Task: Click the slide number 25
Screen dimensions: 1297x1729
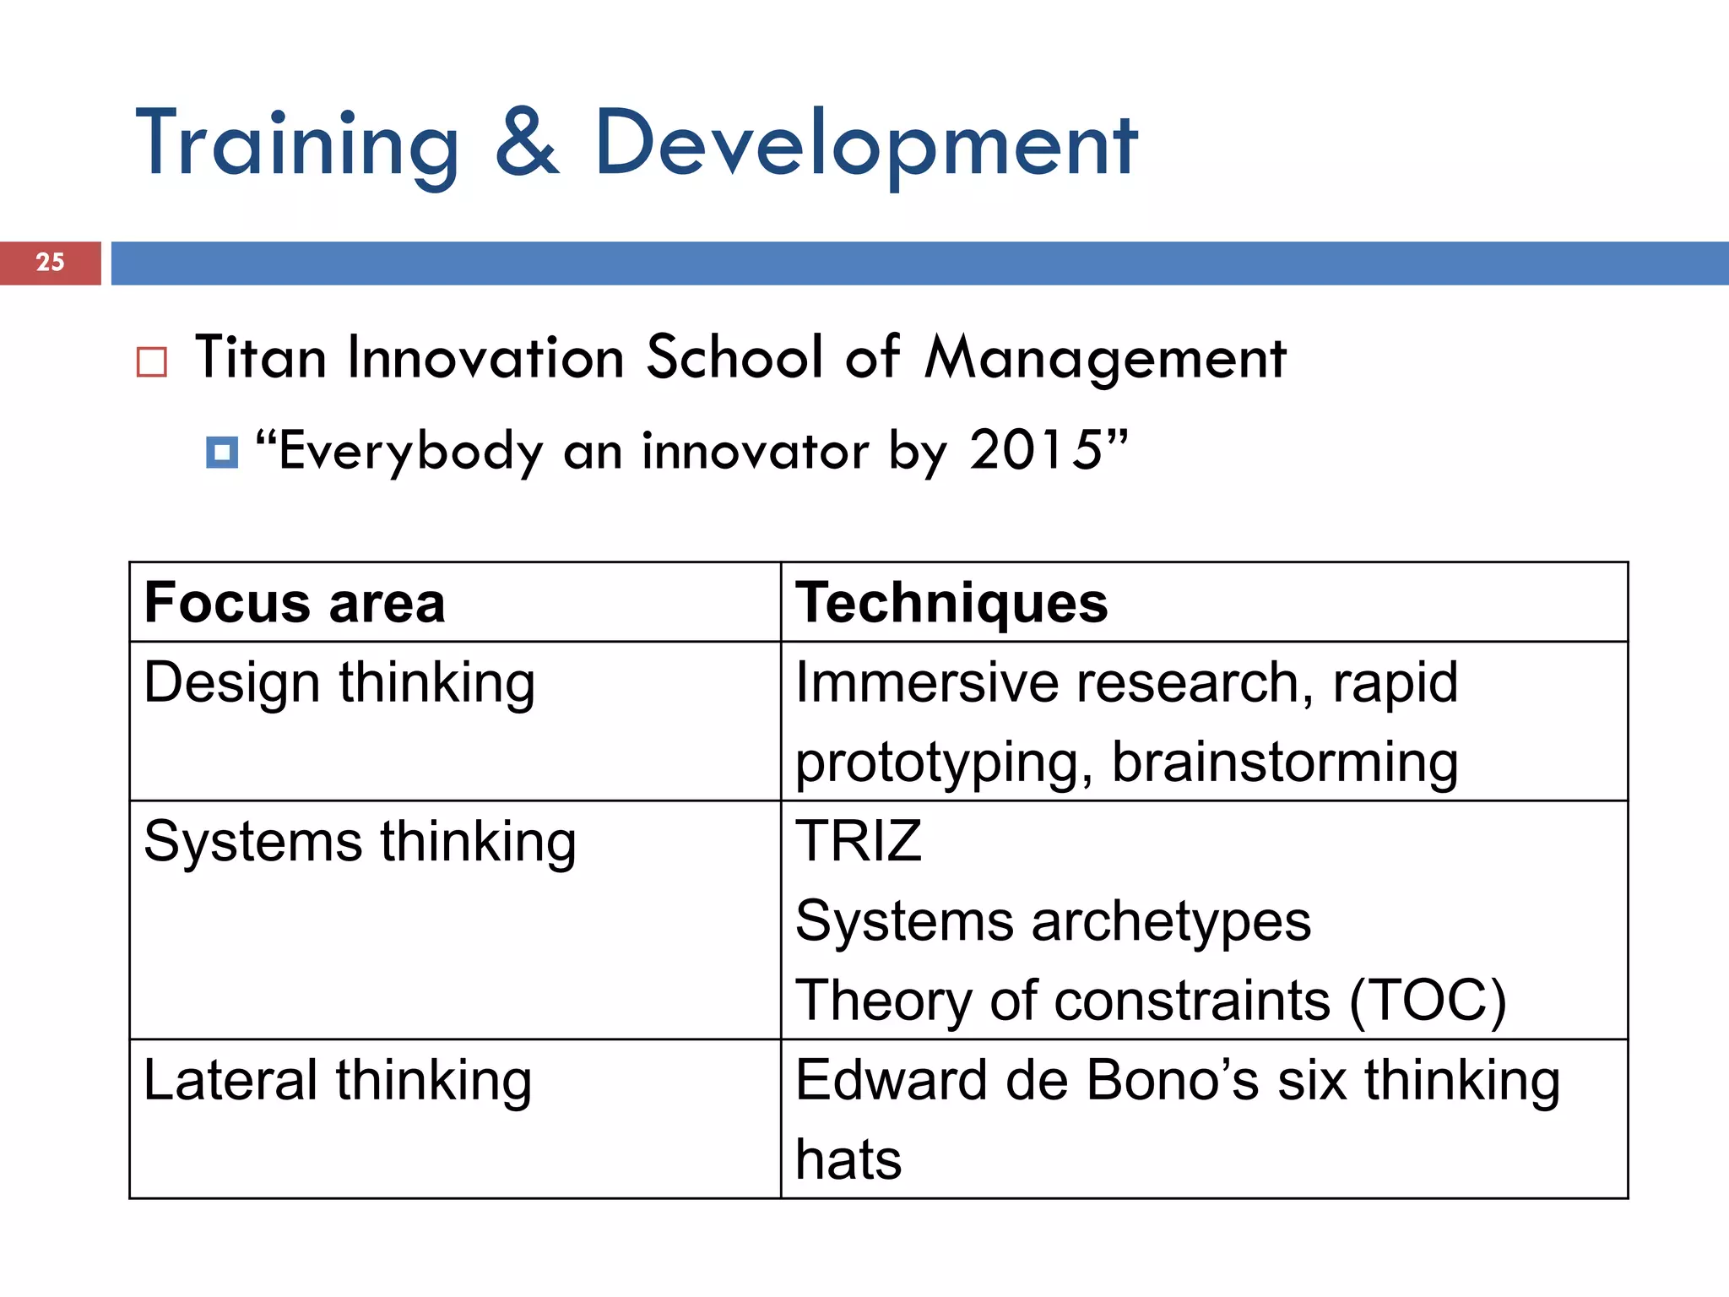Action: point(50,262)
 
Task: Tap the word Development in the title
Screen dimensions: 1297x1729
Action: point(866,145)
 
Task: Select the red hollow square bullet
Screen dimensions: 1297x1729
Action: point(152,361)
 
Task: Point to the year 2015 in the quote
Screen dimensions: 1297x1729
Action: point(1035,450)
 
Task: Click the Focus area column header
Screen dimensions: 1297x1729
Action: point(295,603)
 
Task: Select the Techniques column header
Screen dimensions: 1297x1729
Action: point(951,603)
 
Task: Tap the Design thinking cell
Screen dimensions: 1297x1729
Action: point(339,682)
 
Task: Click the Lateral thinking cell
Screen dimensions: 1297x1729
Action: point(338,1080)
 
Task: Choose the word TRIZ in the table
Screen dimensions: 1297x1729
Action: point(859,841)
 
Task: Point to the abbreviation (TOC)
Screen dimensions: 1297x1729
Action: point(1428,1001)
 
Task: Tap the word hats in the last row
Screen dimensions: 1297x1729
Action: point(848,1159)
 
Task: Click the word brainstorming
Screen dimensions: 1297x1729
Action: point(1284,762)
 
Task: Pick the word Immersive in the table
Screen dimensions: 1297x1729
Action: point(927,682)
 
